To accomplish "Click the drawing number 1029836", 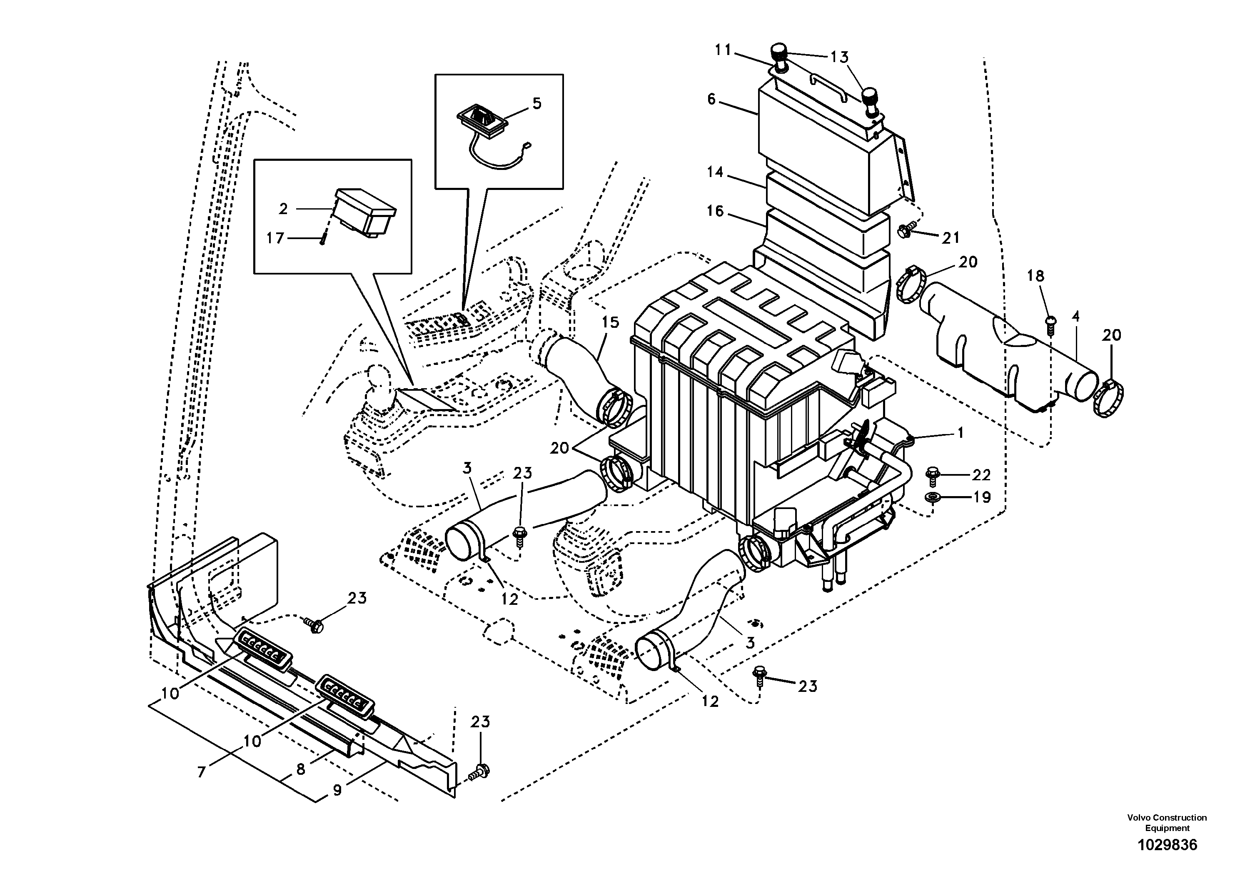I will point(1167,845).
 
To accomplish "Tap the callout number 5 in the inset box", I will point(536,103).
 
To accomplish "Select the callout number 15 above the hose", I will point(611,322).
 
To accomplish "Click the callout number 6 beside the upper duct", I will point(711,100).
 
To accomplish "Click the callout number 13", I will point(839,57).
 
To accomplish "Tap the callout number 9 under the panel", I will point(337,790).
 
